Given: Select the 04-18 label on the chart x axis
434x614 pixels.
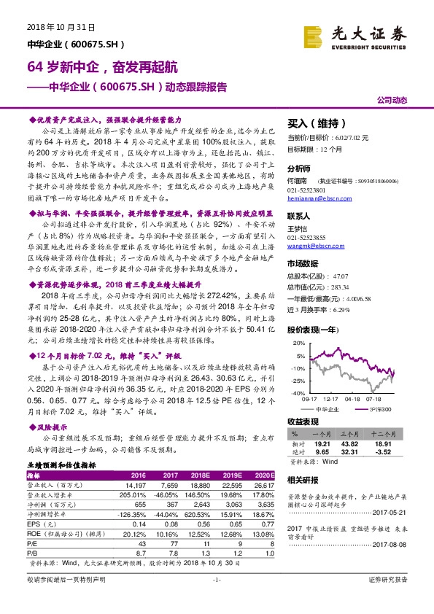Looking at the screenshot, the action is tap(352, 399).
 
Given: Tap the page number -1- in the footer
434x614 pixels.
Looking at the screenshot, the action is tap(216, 599).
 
